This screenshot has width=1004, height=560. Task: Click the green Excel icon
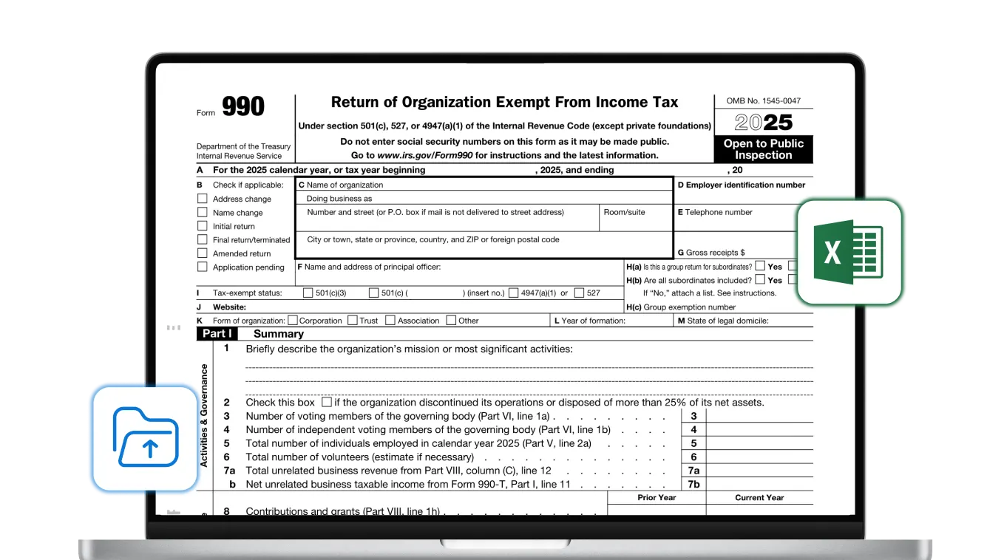pyautogui.click(x=849, y=251)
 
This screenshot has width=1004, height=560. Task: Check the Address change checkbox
pyautogui.click(x=202, y=199)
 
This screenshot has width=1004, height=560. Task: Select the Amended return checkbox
pyautogui.click(x=202, y=253)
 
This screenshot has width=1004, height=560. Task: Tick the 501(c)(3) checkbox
pyautogui.click(x=308, y=293)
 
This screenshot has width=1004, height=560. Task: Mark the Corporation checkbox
pyautogui.click(x=293, y=321)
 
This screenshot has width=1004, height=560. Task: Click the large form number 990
pyautogui.click(x=242, y=107)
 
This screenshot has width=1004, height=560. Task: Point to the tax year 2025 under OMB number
pyautogui.click(x=763, y=123)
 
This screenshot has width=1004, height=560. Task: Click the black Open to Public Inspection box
pyautogui.click(x=763, y=149)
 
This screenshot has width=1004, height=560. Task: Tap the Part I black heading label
pyautogui.click(x=216, y=334)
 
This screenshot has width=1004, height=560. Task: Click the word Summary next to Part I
pyautogui.click(x=279, y=334)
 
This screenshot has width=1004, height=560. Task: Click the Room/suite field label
pyautogui.click(x=624, y=212)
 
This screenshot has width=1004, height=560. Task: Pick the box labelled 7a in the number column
pyautogui.click(x=693, y=471)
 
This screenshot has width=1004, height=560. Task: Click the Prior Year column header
pyautogui.click(x=657, y=498)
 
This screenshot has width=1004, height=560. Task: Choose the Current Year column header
pyautogui.click(x=759, y=498)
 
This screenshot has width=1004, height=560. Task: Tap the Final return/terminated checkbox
pyautogui.click(x=202, y=239)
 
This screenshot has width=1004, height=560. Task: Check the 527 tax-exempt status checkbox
pyautogui.click(x=579, y=293)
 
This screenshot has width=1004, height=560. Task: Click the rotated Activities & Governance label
pyautogui.click(x=204, y=415)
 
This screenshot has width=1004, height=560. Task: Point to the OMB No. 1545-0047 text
pyautogui.click(x=763, y=101)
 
